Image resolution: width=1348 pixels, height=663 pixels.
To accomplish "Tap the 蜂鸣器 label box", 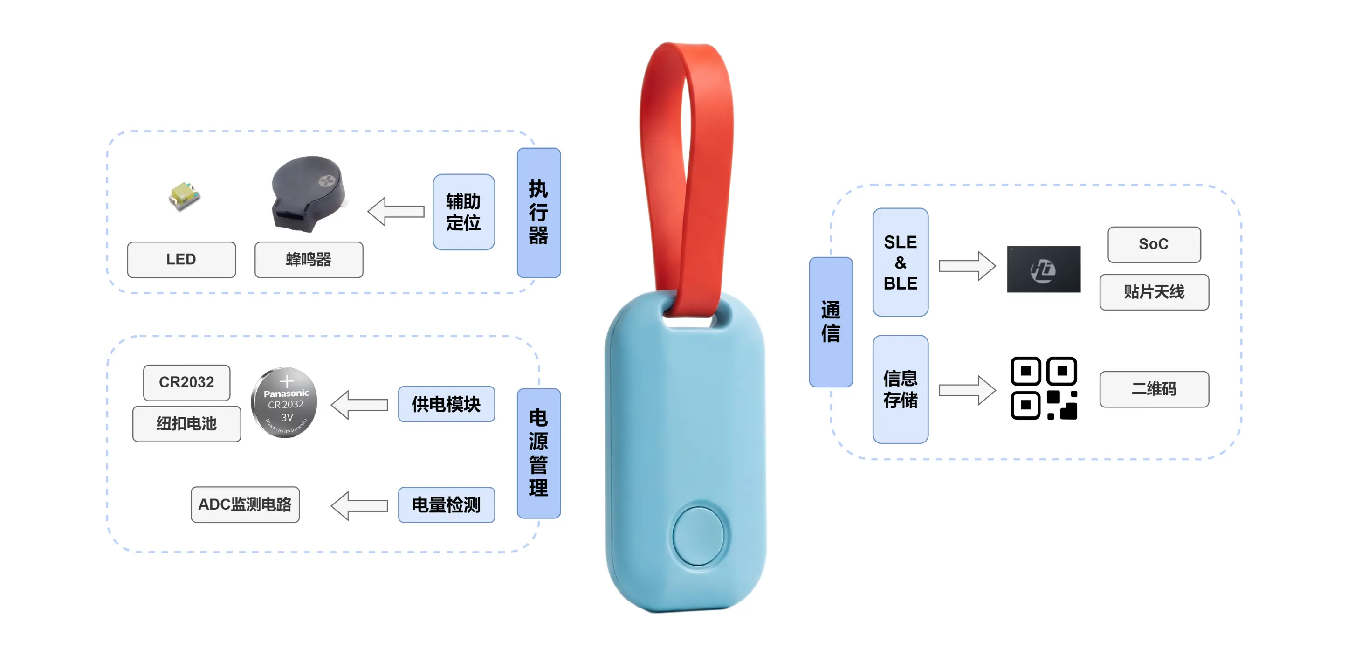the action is point(309,260).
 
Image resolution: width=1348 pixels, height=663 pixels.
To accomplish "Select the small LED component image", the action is point(184,196).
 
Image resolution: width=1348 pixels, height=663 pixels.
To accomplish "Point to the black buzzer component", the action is point(309,193).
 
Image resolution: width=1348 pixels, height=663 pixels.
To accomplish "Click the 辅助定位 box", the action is point(464,212).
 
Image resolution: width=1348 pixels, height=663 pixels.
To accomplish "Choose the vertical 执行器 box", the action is point(538,213).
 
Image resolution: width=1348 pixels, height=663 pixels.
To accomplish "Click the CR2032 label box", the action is point(186,382).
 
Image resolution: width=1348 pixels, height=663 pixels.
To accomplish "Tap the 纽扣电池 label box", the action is point(186,424).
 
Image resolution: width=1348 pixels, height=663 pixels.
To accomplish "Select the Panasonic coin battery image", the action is point(285,402).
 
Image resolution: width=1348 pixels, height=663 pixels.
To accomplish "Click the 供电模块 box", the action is point(446,404).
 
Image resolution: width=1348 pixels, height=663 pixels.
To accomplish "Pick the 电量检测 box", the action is point(446,505).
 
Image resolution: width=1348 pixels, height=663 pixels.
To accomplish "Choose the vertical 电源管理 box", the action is point(538,453).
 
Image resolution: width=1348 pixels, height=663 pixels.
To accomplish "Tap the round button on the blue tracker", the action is point(698,536).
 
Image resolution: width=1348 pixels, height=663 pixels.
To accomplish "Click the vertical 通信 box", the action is point(831,322).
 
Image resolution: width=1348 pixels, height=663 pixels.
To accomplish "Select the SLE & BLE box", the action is point(900,262).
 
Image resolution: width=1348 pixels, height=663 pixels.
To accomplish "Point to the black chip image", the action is point(1044,269).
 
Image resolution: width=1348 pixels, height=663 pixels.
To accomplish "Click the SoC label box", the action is point(1154,244).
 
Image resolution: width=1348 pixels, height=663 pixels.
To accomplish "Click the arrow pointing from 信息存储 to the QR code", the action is point(967,390).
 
